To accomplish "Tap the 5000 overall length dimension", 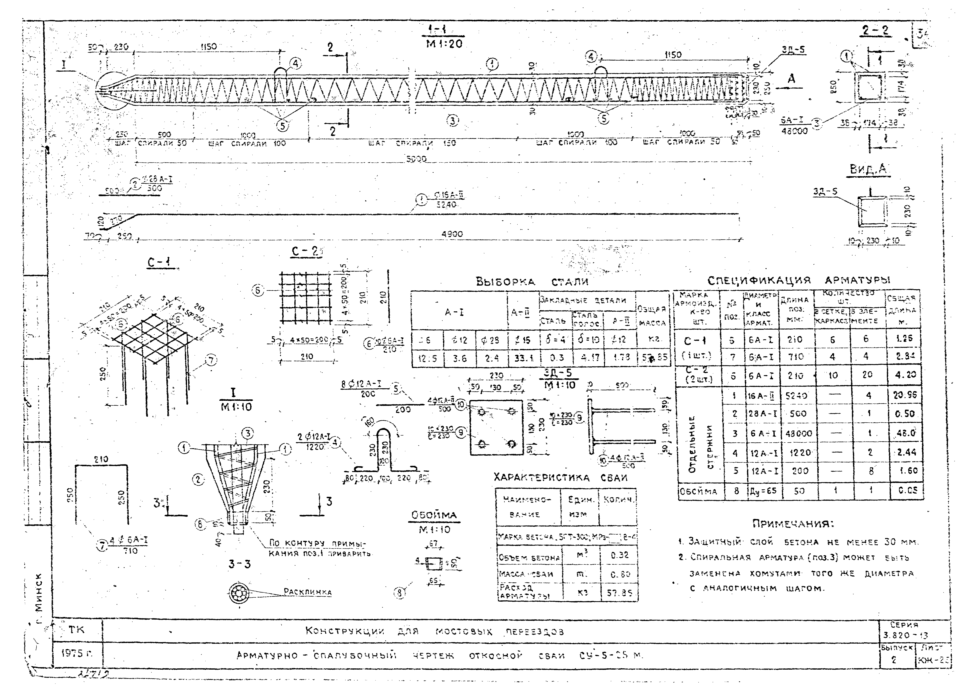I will pos(416,159).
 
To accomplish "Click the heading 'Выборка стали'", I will pos(532,282).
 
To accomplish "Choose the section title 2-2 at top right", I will pos(875,31).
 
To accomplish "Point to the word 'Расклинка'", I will pos(307,592).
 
